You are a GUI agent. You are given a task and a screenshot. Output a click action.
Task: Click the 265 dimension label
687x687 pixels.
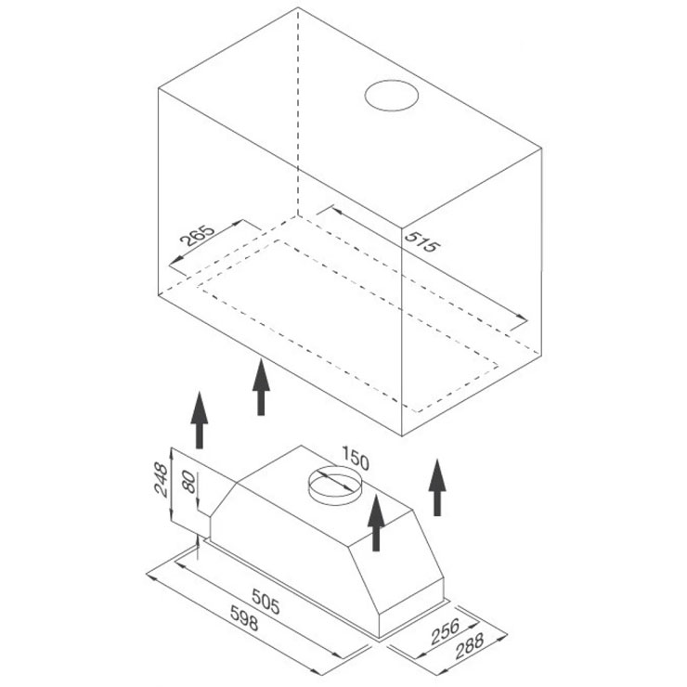click(197, 237)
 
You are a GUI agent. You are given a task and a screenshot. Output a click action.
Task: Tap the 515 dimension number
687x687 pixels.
click(421, 242)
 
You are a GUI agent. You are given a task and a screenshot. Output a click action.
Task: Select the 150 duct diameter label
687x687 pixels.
click(355, 458)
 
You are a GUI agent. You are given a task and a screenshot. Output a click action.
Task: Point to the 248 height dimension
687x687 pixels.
click(161, 479)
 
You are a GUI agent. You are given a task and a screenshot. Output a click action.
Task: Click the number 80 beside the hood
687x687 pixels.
click(188, 482)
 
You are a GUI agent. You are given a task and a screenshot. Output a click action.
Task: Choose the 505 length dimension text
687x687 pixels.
click(266, 602)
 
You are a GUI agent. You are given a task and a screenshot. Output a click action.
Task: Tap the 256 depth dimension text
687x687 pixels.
click(445, 631)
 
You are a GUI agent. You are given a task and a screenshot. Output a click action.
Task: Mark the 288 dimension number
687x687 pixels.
click(470, 646)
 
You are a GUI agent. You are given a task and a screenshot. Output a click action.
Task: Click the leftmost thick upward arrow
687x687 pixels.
click(200, 420)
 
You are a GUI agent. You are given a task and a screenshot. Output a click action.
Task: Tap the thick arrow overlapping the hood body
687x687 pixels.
click(376, 522)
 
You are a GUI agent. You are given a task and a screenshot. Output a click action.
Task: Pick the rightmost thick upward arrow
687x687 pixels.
click(437, 486)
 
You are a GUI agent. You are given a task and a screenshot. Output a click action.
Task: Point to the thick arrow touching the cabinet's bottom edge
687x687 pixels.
click(261, 387)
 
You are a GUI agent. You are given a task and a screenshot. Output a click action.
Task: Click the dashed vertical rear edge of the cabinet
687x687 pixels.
click(298, 111)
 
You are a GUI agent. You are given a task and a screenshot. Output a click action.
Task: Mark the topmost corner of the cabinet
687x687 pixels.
click(298, 7)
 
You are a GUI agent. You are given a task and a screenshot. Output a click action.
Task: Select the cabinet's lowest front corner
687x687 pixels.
click(402, 435)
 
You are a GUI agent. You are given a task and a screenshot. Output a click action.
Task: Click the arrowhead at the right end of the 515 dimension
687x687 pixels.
click(522, 318)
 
